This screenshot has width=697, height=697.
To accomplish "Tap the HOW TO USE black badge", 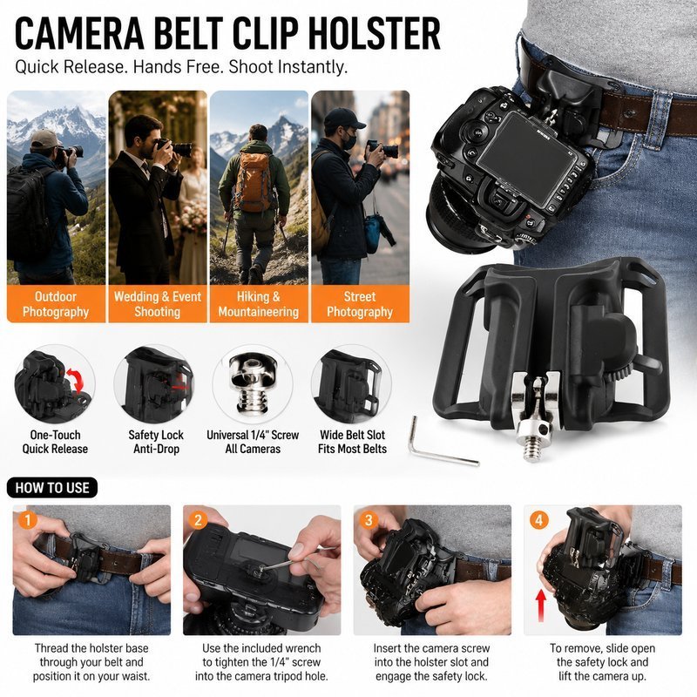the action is point(52,488).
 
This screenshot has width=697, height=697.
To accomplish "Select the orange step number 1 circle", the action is point(28,520).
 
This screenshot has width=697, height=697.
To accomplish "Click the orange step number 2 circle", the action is point(199,520).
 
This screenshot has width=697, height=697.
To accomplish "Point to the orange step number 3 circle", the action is point(369,520).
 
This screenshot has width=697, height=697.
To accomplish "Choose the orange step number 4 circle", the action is point(538,520).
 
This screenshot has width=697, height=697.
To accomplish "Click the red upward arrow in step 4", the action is point(541,605).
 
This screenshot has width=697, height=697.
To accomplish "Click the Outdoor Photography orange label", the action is point(56,304).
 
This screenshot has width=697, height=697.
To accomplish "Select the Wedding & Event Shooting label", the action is point(158,304).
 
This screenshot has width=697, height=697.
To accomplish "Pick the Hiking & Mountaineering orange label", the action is point(259,304).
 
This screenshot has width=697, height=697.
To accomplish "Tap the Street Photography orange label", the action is point(360,304).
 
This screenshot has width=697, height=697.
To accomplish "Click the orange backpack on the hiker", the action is point(254,181).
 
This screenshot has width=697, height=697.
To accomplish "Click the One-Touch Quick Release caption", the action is point(55,442).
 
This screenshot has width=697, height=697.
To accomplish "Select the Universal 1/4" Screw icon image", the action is point(253,383).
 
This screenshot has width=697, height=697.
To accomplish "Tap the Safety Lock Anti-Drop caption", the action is point(156,442).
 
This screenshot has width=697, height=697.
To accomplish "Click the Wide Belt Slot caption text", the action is point(352,442).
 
